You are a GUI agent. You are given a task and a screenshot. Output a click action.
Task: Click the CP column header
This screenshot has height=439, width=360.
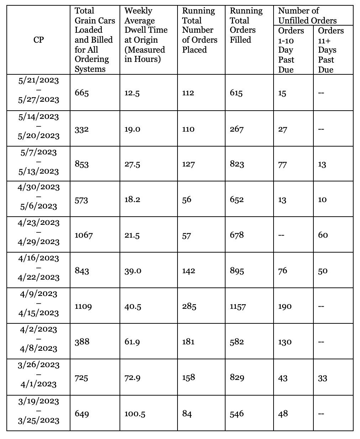click(38, 40)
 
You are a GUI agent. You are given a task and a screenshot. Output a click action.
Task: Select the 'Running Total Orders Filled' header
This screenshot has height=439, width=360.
click(246, 25)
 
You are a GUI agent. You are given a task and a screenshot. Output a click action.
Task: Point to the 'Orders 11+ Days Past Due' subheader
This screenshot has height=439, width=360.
click(330, 50)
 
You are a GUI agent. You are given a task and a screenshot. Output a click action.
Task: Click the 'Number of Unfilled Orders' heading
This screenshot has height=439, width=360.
click(307, 16)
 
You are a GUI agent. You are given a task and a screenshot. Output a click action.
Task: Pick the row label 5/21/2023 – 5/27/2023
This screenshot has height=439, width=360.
click(38, 90)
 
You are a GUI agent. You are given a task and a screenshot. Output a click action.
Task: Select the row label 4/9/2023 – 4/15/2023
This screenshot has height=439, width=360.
click(38, 303)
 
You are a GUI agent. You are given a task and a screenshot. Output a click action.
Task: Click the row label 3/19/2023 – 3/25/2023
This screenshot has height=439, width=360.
click(38, 411)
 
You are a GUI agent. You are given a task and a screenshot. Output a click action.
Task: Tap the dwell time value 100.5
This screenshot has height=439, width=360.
click(135, 414)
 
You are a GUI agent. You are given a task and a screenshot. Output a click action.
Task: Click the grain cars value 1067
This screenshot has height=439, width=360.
click(84, 235)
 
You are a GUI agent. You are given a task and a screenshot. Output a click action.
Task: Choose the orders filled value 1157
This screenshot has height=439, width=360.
click(238, 306)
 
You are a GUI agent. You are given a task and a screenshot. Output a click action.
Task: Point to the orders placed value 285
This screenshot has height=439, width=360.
click(189, 306)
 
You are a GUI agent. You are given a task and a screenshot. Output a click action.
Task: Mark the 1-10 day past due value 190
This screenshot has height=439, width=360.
click(285, 306)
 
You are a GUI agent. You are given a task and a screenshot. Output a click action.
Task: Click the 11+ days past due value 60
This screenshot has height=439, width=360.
click(323, 235)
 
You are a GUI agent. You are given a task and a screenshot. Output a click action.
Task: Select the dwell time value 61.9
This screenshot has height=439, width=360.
click(132, 342)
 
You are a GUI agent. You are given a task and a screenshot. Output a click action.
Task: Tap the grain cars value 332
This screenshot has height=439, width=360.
click(81, 129)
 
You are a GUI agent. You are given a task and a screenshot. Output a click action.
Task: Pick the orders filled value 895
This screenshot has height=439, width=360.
click(237, 271)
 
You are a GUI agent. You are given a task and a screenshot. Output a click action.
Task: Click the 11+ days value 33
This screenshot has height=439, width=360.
click(322, 378)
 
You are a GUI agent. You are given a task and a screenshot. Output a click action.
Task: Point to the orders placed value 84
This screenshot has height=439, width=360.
click(187, 414)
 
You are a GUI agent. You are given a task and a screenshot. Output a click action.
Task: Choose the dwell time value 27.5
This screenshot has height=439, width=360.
click(132, 164)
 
